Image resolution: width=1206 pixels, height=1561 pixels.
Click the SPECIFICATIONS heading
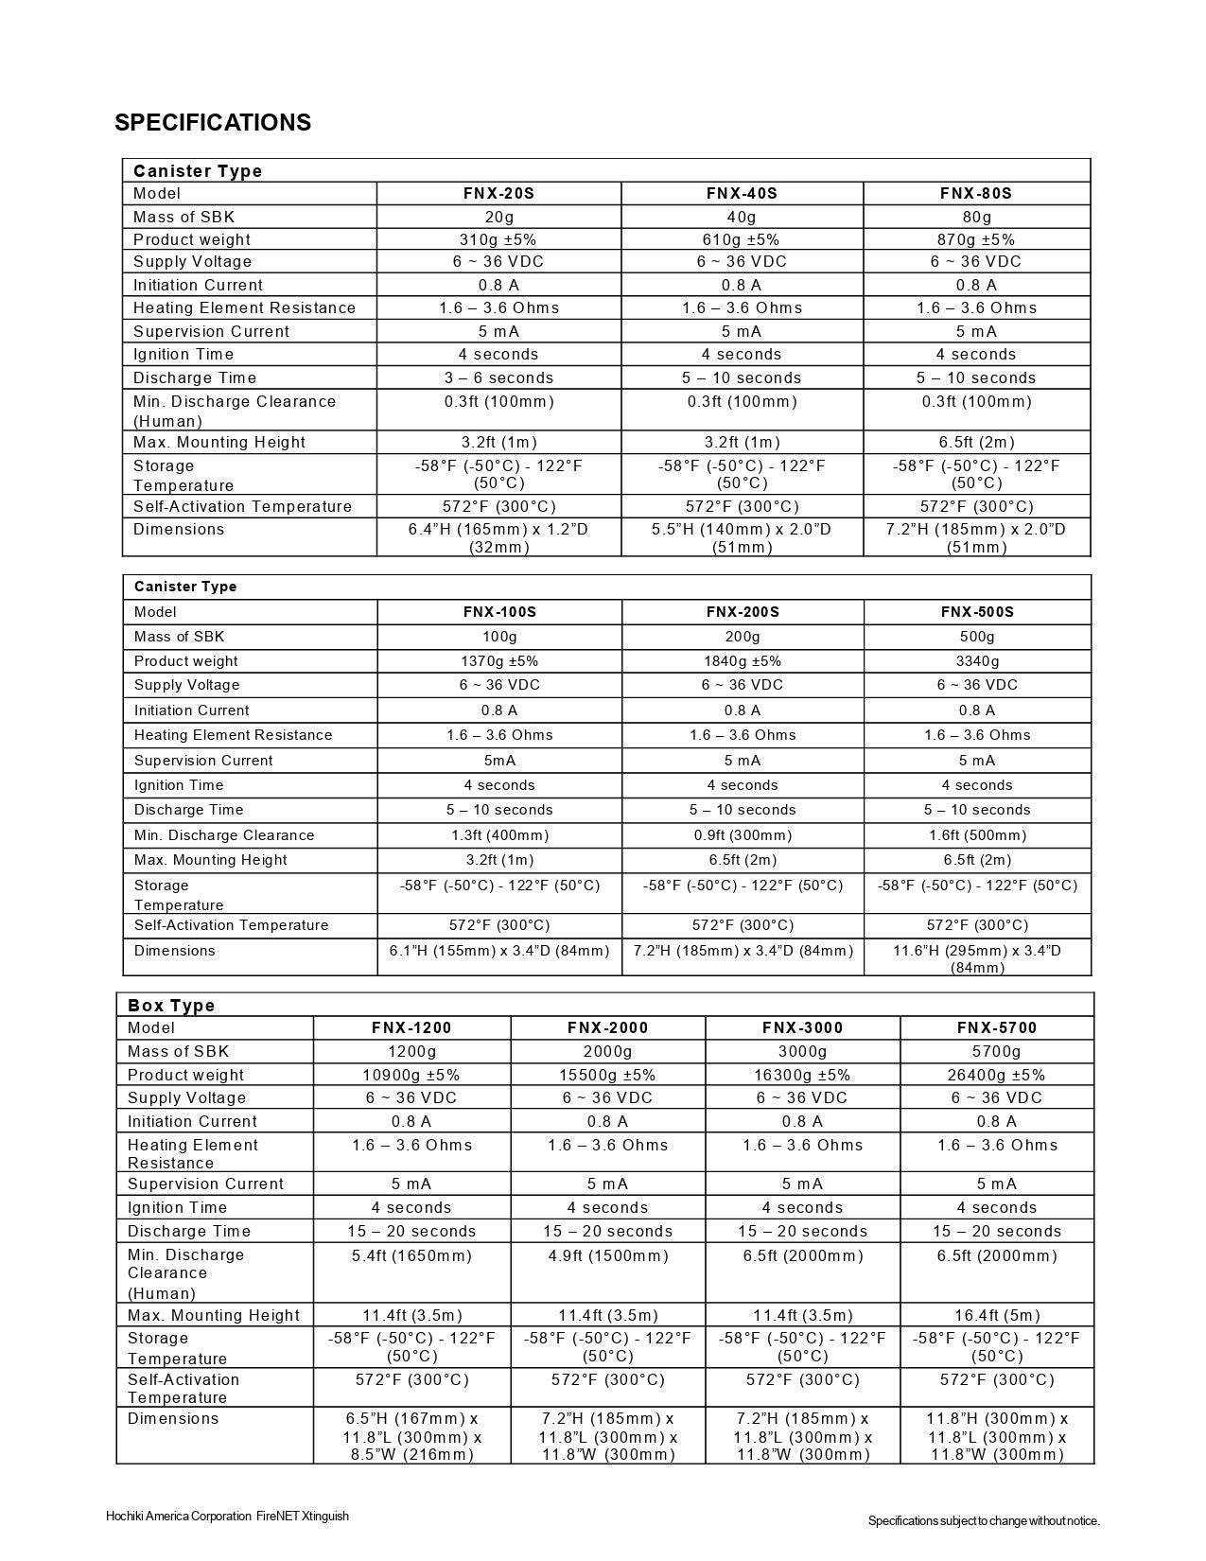[x=213, y=123]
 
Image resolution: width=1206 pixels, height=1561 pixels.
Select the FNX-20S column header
[x=498, y=193]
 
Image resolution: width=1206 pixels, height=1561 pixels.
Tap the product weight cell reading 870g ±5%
[x=976, y=239]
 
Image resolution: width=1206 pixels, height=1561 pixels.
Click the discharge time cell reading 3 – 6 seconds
[x=498, y=377]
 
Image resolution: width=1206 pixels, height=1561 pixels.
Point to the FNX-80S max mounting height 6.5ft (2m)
[x=976, y=442]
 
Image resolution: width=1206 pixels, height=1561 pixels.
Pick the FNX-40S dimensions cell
[x=742, y=537]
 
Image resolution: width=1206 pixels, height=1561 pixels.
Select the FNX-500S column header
[x=976, y=612]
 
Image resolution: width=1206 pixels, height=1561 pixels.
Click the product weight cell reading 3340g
[x=976, y=661]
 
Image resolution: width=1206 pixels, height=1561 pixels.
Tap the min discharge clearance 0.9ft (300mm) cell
[x=742, y=835]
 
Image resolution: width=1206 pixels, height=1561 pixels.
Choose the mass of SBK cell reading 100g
[x=498, y=637]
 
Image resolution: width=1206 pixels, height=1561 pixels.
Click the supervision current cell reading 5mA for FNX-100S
[x=498, y=761]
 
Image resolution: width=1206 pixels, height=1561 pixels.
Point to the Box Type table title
[x=171, y=1005]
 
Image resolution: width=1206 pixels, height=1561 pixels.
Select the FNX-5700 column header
[x=996, y=1027]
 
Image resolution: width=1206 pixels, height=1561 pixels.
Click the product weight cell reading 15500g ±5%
[x=607, y=1075]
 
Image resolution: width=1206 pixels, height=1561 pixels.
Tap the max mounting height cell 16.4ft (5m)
[x=996, y=1315]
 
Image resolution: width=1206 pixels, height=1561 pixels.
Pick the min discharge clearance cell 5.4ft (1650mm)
[x=411, y=1255]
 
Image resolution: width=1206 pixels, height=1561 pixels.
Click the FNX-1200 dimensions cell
[x=411, y=1436]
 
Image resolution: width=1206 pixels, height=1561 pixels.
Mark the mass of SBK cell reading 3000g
[x=802, y=1051]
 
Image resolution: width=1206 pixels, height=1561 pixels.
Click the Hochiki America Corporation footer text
[x=227, y=1516]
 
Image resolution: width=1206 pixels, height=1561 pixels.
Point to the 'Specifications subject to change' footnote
[x=984, y=1520]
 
